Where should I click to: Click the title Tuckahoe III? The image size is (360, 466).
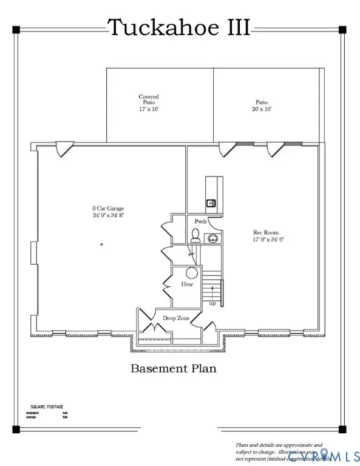[179, 28]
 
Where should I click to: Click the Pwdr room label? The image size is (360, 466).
[201, 222]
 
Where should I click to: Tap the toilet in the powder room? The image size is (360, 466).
[195, 237]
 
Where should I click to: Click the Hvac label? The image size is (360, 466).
[187, 284]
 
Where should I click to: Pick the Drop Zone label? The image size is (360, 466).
[175, 317]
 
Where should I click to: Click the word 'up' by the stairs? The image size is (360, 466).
[211, 303]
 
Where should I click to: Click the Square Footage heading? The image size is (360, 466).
[47, 407]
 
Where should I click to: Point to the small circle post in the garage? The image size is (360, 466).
[101, 244]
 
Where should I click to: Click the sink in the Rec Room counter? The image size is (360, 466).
[211, 203]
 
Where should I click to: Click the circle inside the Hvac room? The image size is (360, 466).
[191, 272]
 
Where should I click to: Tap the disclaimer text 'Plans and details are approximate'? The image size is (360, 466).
[280, 445]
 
